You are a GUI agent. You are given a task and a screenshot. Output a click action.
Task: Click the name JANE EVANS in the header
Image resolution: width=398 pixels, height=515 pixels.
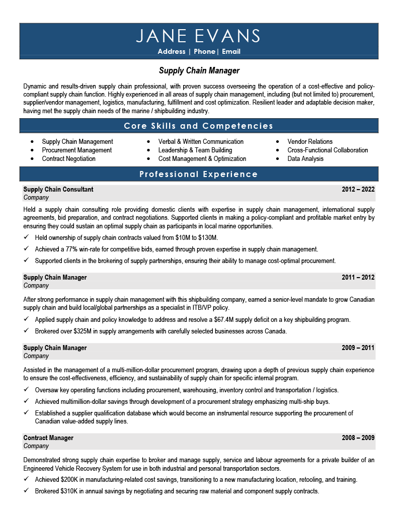click(x=199, y=36)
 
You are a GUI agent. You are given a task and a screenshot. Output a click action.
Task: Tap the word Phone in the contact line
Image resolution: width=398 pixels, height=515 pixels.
click(x=204, y=52)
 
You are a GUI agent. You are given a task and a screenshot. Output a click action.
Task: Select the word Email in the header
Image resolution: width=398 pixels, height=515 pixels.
click(x=231, y=52)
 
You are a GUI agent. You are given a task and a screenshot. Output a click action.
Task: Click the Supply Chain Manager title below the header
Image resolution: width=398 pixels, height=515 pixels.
click(x=199, y=70)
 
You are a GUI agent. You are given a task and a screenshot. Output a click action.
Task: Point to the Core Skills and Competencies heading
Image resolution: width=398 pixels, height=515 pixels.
click(x=199, y=126)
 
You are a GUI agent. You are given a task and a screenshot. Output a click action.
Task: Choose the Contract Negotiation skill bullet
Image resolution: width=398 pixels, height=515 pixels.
click(x=68, y=159)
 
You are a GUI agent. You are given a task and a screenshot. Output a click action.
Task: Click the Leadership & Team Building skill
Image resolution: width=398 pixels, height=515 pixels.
click(x=195, y=150)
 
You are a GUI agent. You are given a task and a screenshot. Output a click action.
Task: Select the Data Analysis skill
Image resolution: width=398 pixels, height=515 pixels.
click(x=305, y=159)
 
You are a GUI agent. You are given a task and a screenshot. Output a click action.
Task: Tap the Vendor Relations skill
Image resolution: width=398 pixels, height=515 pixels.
click(x=310, y=142)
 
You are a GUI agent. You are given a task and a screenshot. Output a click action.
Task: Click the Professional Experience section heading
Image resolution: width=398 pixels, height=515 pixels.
click(x=199, y=175)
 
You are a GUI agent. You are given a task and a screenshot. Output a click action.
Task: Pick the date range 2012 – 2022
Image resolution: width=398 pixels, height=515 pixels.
click(x=358, y=190)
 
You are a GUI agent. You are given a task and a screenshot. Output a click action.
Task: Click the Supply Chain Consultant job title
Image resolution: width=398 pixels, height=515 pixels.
click(x=58, y=190)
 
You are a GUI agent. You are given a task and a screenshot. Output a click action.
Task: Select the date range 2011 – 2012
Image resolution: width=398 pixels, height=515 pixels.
click(x=358, y=278)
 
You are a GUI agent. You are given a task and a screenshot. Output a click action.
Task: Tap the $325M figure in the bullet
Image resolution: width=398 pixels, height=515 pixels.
click(x=75, y=331)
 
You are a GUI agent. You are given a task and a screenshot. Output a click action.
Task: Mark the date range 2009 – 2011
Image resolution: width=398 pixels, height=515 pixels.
click(x=358, y=348)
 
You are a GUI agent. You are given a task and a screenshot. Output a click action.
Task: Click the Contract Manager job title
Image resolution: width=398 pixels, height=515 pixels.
click(x=48, y=438)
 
